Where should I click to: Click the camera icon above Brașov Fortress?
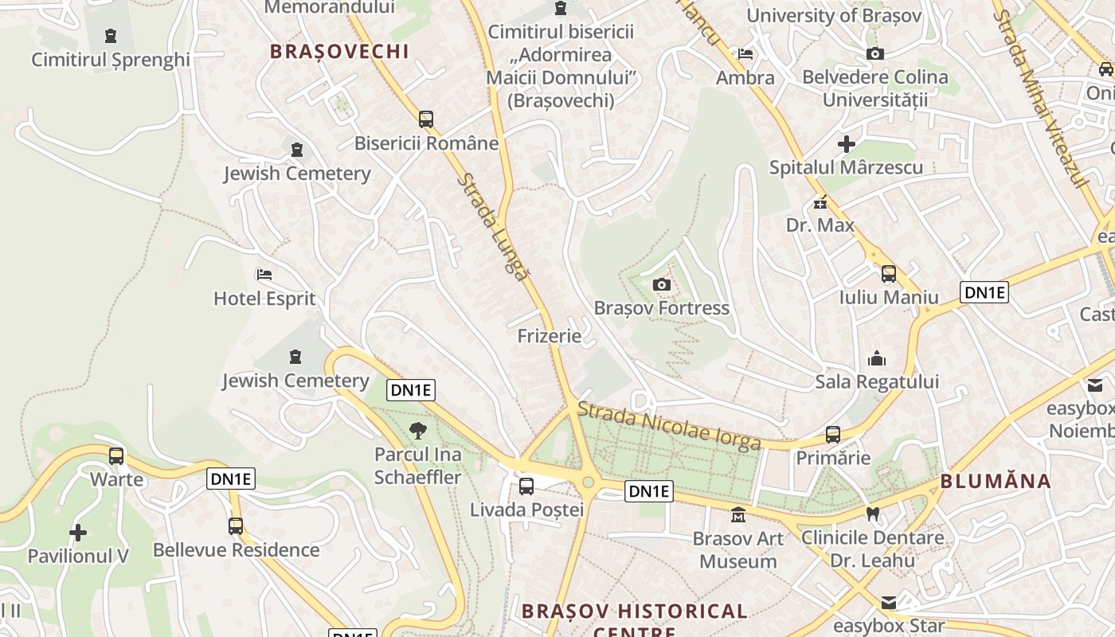click(x=661, y=285)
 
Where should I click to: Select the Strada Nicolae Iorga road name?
click(x=669, y=426)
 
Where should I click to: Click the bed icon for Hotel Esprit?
click(x=264, y=275)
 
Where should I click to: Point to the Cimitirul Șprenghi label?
click(x=111, y=60)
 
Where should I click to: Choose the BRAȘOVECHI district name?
click(x=339, y=52)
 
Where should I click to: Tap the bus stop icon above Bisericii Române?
click(x=426, y=119)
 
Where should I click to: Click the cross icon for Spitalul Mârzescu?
click(x=847, y=144)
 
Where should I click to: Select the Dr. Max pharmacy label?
click(x=820, y=225)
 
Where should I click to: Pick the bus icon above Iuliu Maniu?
click(x=889, y=274)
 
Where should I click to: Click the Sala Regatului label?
click(x=877, y=382)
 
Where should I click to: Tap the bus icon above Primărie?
click(x=833, y=435)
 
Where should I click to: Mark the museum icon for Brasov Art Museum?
click(x=738, y=515)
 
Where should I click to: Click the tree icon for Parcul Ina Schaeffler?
click(x=418, y=432)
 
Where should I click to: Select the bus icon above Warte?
click(x=116, y=456)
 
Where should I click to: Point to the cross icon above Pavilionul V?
click(x=78, y=532)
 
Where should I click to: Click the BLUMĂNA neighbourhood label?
click(x=996, y=481)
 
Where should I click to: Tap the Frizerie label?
click(x=550, y=336)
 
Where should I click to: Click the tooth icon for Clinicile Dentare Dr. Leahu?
click(x=873, y=514)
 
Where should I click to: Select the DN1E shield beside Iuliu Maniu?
click(x=984, y=292)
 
